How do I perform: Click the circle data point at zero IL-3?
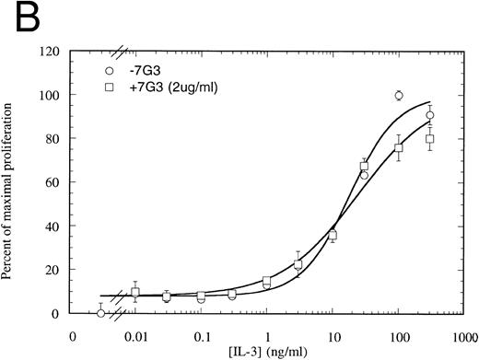100,313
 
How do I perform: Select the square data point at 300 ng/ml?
430,139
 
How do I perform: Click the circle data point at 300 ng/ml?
430,115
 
